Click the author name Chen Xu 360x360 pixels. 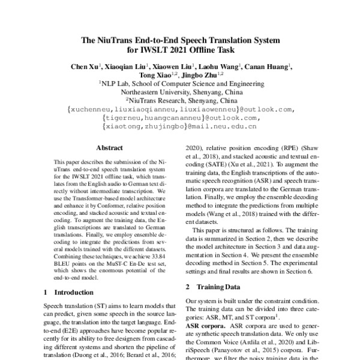point(83,66)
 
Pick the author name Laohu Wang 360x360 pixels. point(223,66)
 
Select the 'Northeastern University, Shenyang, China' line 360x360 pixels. point(180,92)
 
